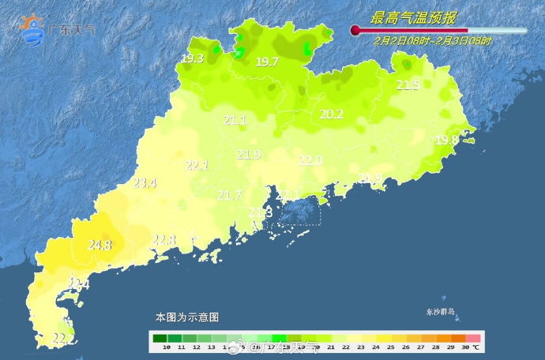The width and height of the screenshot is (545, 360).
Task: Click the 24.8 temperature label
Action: coord(100,246)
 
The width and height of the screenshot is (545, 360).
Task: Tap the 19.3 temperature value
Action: coord(192,58)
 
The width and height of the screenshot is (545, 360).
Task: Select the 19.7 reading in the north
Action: coord(266,62)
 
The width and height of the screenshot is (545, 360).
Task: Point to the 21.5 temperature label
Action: coord(408,85)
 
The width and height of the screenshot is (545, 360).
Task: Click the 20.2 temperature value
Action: coord(331,114)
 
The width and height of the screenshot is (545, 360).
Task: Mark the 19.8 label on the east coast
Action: coord(446,140)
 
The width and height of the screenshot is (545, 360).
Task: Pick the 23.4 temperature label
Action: coord(145,183)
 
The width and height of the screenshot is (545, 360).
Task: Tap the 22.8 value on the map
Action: coord(163,240)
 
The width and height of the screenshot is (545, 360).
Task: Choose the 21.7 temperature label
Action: coord(229,195)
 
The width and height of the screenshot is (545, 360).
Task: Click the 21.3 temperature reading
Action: coord(260,213)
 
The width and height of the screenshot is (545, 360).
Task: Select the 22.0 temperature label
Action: coord(310,160)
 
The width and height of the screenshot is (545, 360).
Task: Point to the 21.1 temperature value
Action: coord(235,120)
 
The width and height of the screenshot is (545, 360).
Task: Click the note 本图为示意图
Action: coord(186,317)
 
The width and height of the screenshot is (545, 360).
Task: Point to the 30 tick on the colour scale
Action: coord(466,347)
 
